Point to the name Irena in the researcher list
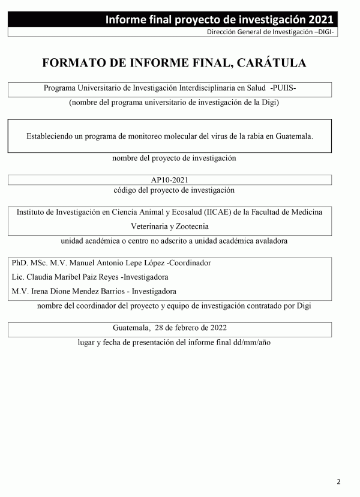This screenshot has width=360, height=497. [41, 291]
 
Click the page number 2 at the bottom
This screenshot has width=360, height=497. [338, 481]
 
